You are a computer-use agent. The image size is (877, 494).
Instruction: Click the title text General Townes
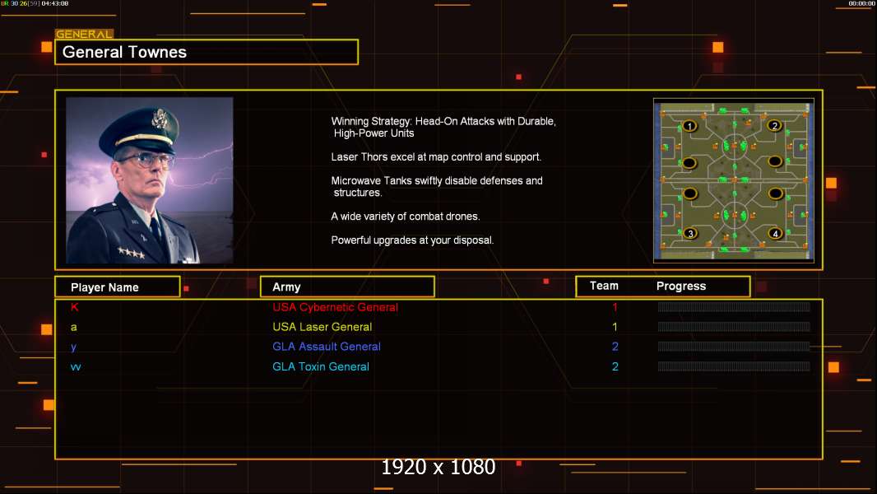pos(124,52)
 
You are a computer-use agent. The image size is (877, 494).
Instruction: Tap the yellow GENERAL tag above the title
pos(85,34)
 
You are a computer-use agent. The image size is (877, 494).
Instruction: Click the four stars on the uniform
pos(132,252)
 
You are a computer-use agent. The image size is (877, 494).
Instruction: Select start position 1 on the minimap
pos(689,126)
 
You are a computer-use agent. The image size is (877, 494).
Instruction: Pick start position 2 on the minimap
pos(775,125)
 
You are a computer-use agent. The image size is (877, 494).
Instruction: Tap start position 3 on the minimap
pos(690,233)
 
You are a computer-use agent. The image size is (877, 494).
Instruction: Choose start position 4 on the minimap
pos(775,233)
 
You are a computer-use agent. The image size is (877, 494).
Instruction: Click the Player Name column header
pos(104,287)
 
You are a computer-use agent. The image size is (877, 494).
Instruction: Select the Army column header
pos(286,287)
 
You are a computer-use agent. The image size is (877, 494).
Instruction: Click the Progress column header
pos(681,287)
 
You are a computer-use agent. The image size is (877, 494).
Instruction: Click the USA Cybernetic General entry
pos(335,307)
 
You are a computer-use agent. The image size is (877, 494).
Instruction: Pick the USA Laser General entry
pos(322,327)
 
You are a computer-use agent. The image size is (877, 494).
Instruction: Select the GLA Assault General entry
pos(327,347)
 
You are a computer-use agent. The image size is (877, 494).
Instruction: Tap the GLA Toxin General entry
pos(321,366)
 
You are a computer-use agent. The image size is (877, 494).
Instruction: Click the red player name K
pos(74,307)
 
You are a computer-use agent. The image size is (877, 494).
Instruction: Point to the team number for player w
pos(615,366)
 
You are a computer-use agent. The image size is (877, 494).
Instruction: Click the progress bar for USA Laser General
pos(734,327)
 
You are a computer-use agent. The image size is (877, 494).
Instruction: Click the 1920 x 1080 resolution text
pos(438,467)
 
